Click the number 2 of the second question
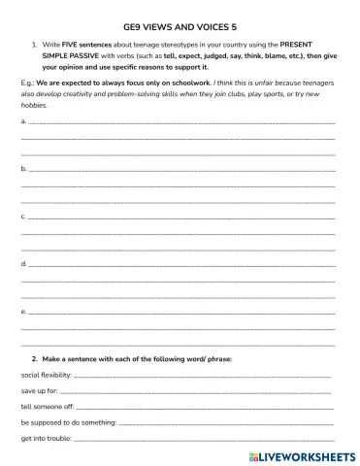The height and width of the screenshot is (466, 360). [34, 359]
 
